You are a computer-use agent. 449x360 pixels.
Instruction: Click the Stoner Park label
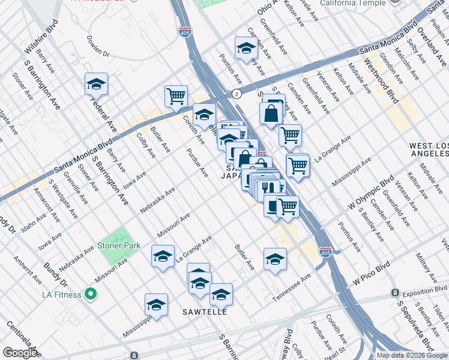[x=120, y=245]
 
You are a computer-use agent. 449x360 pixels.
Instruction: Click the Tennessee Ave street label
[x=292, y=289]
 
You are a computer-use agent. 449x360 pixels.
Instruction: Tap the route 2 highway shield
[x=237, y=94]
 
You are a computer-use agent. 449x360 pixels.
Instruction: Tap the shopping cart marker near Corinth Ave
[x=176, y=95]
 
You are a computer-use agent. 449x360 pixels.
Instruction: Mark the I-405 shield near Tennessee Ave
[x=325, y=252]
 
